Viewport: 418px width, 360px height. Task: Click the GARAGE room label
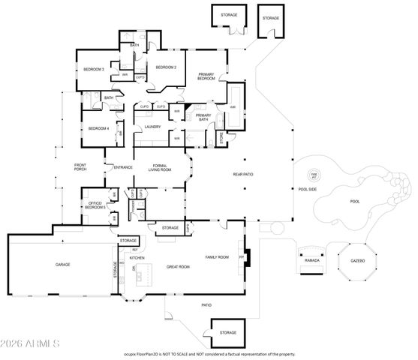[62, 265]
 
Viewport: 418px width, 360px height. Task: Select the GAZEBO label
[357, 261]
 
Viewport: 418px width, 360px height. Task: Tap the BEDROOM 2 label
[166, 67]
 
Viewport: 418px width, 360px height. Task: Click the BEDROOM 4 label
[99, 128]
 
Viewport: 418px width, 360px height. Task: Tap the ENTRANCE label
[122, 166]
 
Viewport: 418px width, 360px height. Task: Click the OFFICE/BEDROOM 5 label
[95, 205]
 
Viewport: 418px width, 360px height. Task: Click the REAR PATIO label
[242, 174]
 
